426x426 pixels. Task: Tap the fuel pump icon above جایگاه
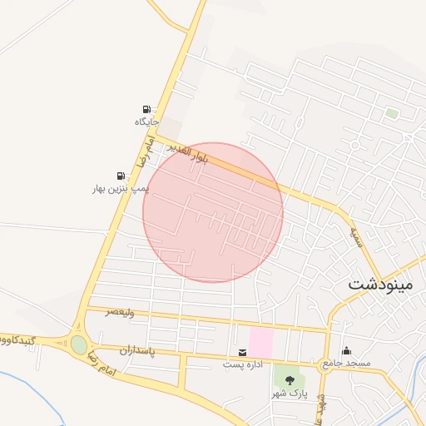[147, 110]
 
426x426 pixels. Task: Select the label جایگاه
[146, 122]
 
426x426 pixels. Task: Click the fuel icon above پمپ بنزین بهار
[121, 176]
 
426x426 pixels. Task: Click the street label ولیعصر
[119, 312]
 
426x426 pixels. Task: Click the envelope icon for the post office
[242, 352]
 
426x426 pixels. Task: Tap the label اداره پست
[242, 364]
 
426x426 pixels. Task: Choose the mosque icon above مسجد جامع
[347, 351]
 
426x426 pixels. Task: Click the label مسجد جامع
[344, 364]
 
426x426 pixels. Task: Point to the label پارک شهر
[290, 392]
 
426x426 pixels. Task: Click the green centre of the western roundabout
[79, 344]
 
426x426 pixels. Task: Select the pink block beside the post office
[260, 342]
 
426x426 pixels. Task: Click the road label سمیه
[356, 225]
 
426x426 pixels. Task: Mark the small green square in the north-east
[391, 113]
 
